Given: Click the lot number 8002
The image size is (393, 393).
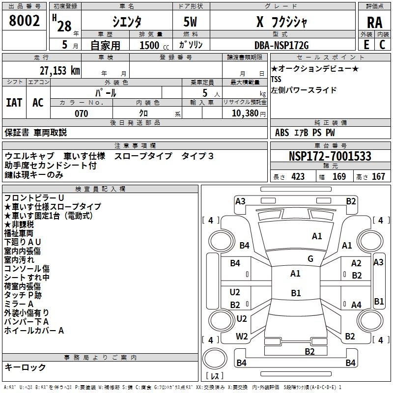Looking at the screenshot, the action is pos(24,21).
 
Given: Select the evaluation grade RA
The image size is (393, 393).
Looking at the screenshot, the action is pos(374,23).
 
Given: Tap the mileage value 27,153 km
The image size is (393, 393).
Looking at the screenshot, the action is pos(59,71).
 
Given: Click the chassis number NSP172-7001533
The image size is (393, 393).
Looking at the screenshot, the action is pos(330,156).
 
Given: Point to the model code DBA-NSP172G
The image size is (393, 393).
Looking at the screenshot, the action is pos(281,45).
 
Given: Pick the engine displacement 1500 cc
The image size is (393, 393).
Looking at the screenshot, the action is pos(154,45).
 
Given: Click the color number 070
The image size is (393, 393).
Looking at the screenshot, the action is pos(81,113).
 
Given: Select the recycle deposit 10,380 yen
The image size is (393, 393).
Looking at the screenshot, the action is pos(249,113).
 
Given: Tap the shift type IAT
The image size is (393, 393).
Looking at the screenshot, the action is pos(14,103).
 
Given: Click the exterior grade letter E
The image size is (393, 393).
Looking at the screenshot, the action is pos(366,45).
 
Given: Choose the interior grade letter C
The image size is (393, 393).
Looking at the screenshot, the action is pos(382,45).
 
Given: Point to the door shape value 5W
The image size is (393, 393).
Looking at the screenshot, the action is pos(190,22).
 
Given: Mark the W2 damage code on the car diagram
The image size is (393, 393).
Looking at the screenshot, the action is pos(242,336).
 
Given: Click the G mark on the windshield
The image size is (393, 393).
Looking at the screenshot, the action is pos(310,259).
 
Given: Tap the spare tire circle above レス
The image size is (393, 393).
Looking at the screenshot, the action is pos(215,359).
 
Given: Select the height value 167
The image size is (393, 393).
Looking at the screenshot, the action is pos(378,176).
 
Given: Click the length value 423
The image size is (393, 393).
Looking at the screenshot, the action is pos(298,176).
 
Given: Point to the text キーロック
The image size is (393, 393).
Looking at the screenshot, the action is pos(25,367).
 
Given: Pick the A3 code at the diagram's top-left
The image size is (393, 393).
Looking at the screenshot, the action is pos(240,201).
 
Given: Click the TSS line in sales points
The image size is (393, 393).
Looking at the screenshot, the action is pos(276,79).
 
